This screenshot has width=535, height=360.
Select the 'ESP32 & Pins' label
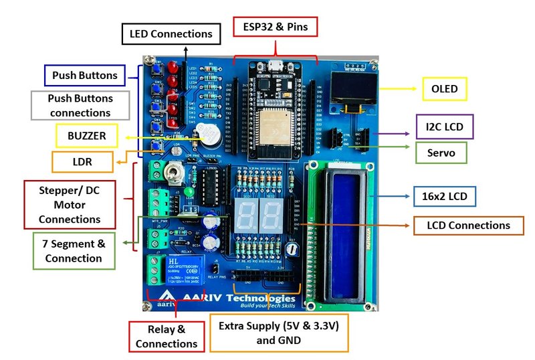click(275, 27)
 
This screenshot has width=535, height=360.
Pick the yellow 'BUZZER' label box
click(87, 136)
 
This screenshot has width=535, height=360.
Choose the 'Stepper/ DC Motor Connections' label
click(70, 204)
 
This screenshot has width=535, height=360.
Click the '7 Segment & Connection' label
click(74, 251)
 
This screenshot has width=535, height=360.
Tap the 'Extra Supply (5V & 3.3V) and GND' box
click(279, 333)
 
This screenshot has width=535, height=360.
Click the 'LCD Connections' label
click(468, 226)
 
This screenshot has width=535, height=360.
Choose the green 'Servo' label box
click(441, 153)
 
